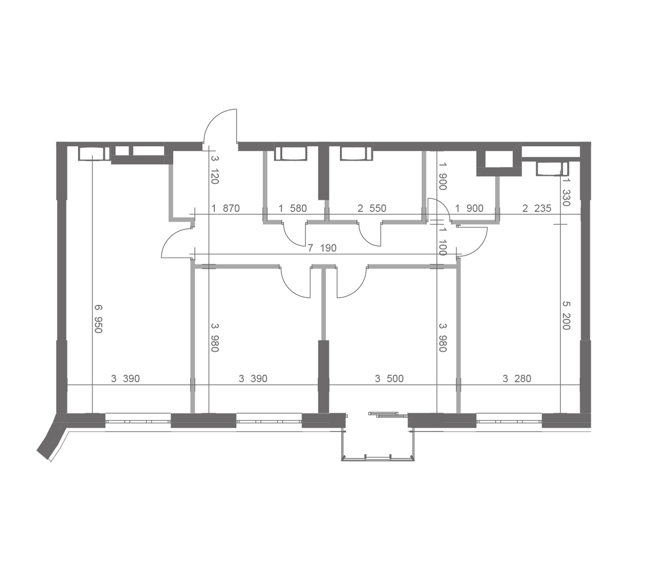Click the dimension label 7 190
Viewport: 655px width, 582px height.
(x=321, y=248)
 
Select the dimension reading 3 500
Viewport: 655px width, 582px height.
(x=389, y=378)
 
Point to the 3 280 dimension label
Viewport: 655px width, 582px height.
(x=516, y=378)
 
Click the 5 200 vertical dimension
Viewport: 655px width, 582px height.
(x=566, y=316)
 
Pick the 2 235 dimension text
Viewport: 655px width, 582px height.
(x=537, y=208)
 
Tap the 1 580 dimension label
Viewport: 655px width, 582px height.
(x=292, y=208)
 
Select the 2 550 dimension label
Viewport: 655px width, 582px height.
(x=372, y=208)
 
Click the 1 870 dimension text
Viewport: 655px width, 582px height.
(x=226, y=208)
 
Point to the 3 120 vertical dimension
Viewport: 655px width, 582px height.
(x=215, y=170)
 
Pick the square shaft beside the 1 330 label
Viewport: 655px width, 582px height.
(x=499, y=163)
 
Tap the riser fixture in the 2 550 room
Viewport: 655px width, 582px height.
(x=356, y=153)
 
